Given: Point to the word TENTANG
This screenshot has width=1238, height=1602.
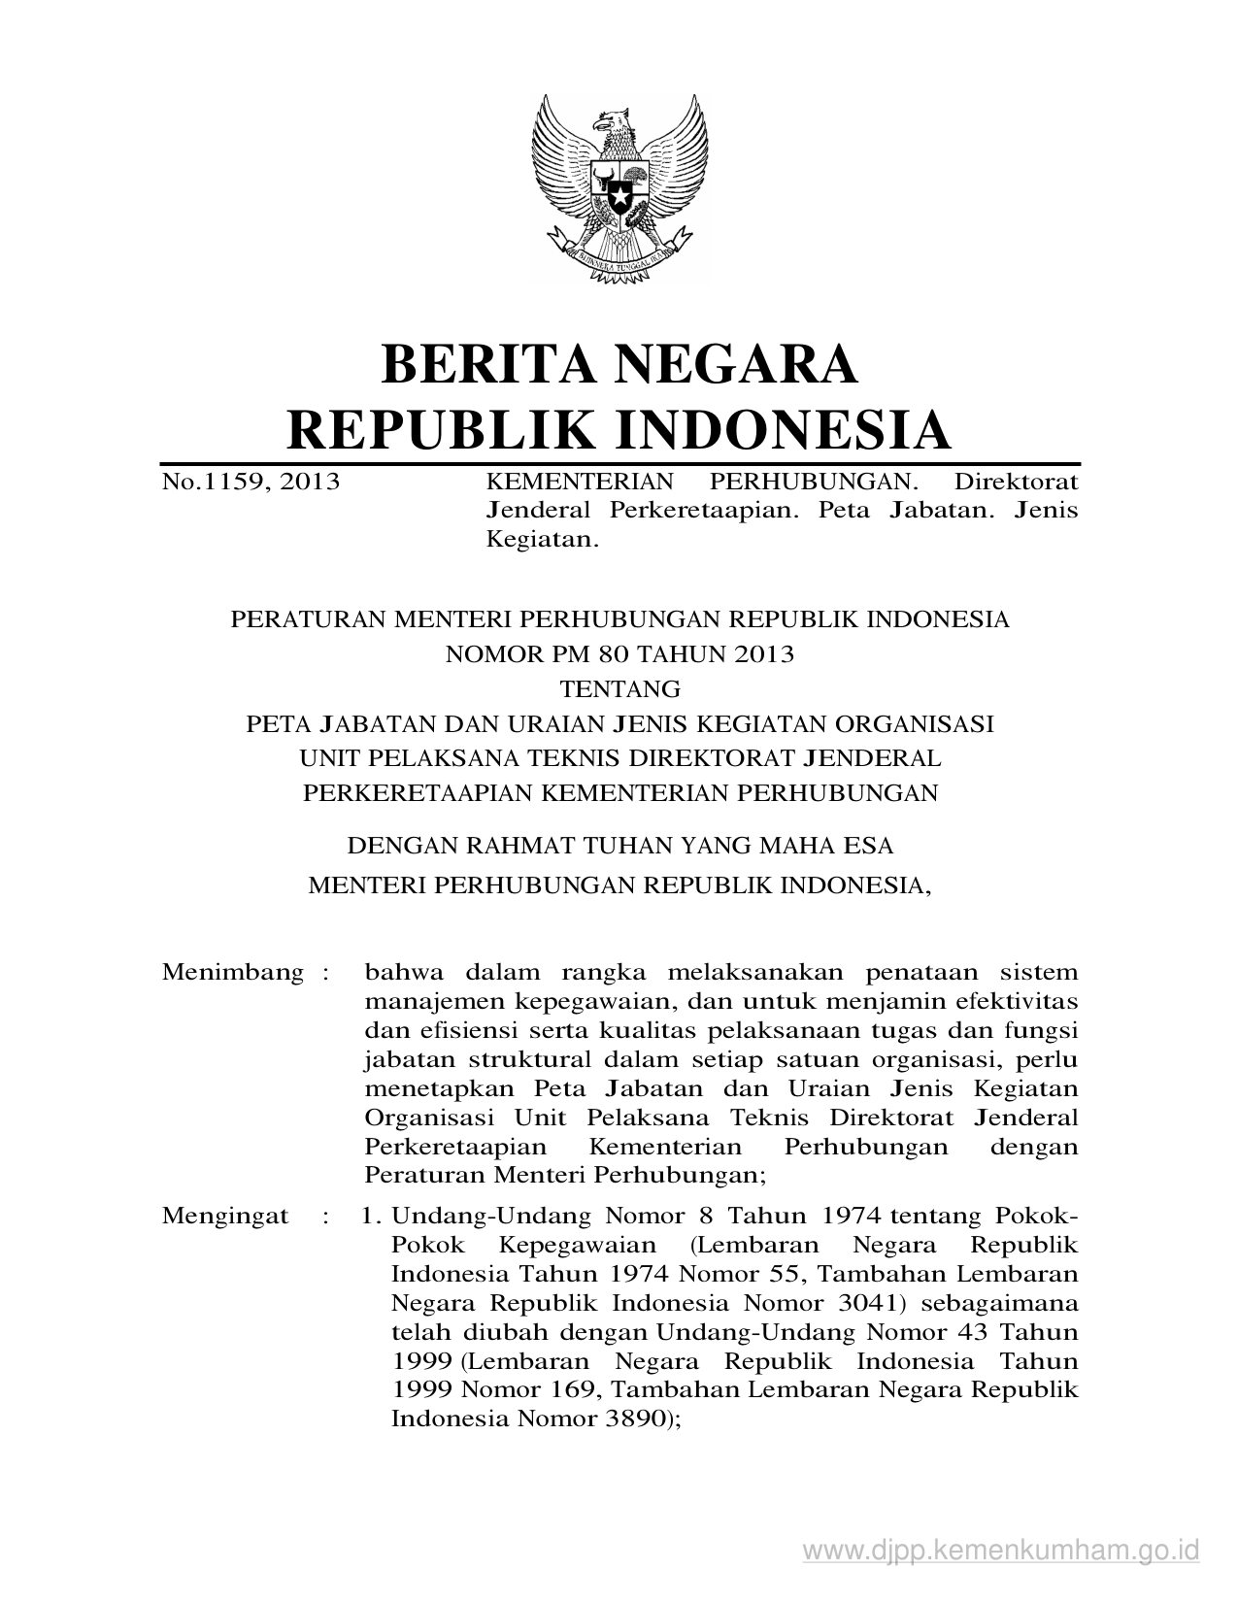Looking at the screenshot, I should pyautogui.click(x=619, y=689).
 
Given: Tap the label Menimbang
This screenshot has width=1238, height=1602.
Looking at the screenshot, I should pyautogui.click(x=233, y=972).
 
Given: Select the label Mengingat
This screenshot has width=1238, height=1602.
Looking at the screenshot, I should pyautogui.click(x=225, y=1216).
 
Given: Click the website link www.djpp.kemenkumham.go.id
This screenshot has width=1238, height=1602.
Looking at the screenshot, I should pyautogui.click(x=1001, y=1548).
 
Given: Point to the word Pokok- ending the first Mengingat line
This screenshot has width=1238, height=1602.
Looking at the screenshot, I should pyautogui.click(x=1037, y=1216).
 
